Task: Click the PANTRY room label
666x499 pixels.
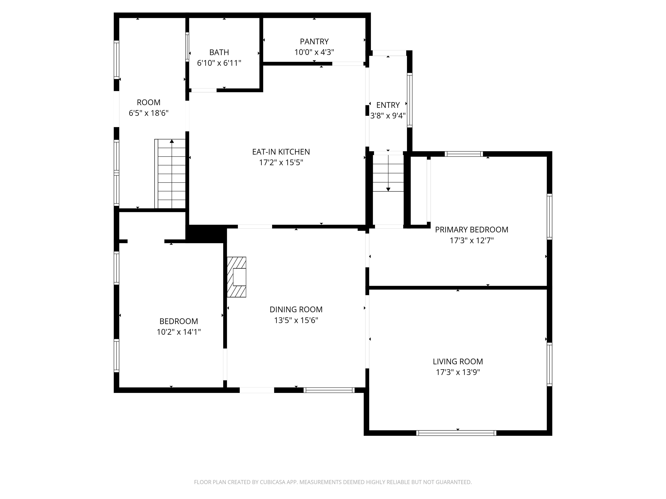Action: coord(314,42)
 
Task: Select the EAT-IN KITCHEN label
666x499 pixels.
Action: coord(281,152)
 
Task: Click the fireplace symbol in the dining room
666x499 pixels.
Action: coord(237,277)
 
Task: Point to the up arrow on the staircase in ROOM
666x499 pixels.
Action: coord(172,141)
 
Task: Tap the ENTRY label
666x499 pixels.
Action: coord(388,105)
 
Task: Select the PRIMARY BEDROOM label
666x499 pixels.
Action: coord(472,230)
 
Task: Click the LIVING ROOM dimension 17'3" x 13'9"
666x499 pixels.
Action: coord(458,372)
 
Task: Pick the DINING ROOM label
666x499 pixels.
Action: coord(296,309)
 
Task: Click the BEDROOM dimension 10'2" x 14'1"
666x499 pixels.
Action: coord(179,332)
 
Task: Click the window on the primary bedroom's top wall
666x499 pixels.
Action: coord(464,154)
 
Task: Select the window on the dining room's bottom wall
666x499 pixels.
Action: coord(329,390)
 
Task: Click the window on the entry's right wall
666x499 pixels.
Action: coord(410,100)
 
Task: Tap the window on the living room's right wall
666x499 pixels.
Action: coord(550,364)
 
